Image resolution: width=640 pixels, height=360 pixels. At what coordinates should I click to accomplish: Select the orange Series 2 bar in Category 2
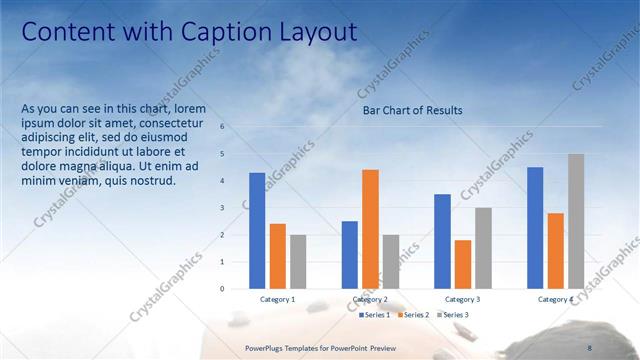pyautogui.click(x=370, y=229)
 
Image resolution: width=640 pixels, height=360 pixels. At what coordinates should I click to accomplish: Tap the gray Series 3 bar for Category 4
pyautogui.click(x=576, y=221)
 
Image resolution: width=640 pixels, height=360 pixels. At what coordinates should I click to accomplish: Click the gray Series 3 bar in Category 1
pyautogui.click(x=298, y=262)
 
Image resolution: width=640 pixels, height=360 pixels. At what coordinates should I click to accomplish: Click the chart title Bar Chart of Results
pyautogui.click(x=412, y=110)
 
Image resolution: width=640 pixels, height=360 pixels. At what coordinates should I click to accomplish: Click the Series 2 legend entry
pyautogui.click(x=415, y=315)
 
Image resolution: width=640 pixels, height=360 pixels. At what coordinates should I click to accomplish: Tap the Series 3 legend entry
pyautogui.click(x=455, y=315)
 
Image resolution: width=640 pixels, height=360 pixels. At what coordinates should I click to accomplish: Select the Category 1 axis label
pyautogui.click(x=277, y=299)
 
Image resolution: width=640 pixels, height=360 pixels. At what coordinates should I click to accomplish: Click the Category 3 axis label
pyautogui.click(x=462, y=299)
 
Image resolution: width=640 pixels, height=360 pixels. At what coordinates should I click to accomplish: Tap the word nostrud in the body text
pyautogui.click(x=151, y=181)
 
